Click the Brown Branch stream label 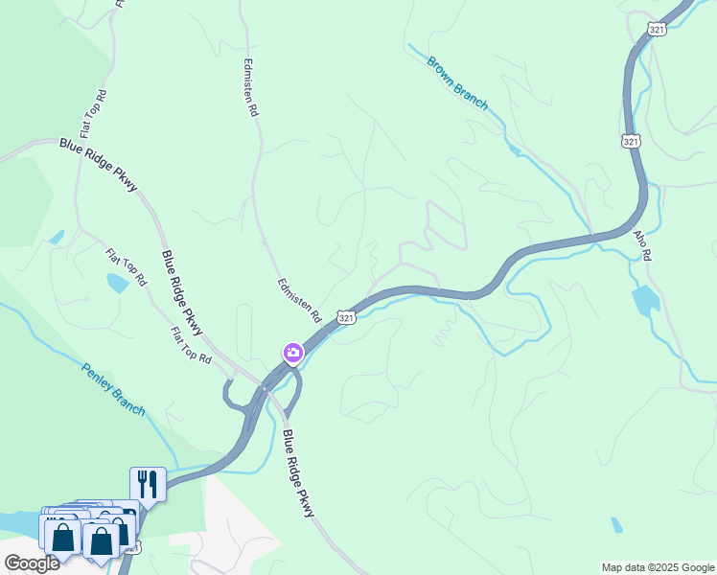[458, 84]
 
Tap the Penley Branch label [112, 389]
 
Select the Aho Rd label [641, 245]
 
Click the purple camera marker [293, 353]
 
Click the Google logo [32, 563]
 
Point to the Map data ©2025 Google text [657, 567]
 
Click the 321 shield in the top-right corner [657, 30]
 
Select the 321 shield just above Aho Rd [630, 141]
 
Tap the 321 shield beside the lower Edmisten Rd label [347, 317]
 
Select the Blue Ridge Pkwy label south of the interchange [298, 473]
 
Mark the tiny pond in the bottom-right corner [616, 525]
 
